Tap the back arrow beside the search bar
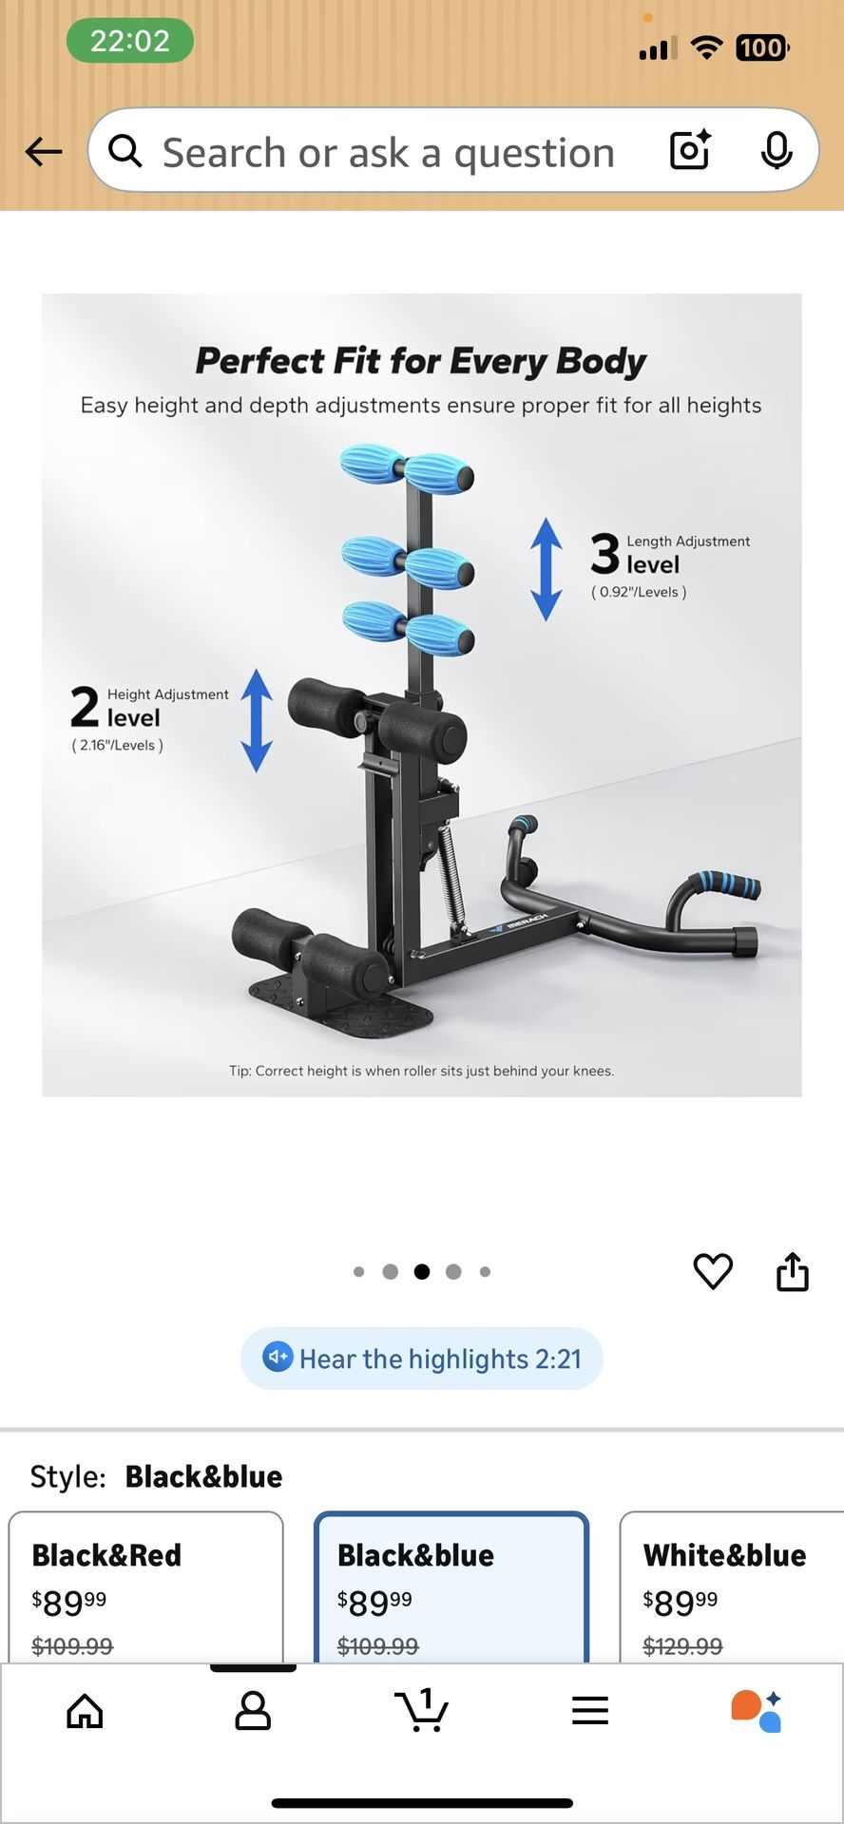tap(44, 151)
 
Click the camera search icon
tap(690, 150)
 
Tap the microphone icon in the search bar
tap(777, 150)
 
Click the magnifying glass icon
tap(125, 150)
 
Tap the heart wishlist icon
tap(713, 1271)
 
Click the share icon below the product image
tap(793, 1271)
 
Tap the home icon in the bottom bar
tap(85, 1711)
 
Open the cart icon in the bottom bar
tap(421, 1710)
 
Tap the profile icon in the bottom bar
tap(253, 1711)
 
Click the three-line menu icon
tap(590, 1711)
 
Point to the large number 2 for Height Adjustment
tap(85, 707)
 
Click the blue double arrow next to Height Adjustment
tap(257, 720)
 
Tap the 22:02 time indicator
tap(130, 41)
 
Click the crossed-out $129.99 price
tap(682, 1645)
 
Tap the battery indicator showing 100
tap(761, 47)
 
